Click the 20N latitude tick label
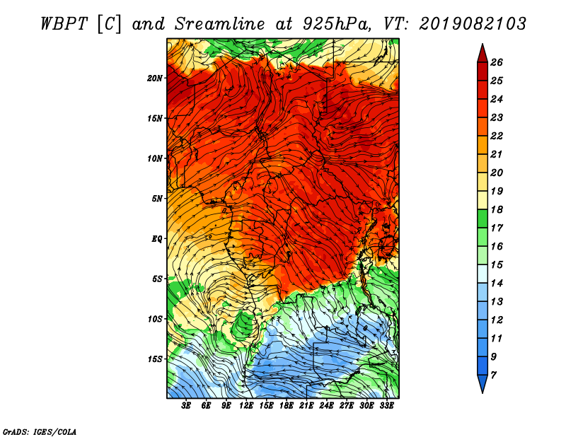(x=154, y=78)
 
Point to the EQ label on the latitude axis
(x=156, y=239)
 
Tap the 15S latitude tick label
(x=154, y=359)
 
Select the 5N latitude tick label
(x=157, y=199)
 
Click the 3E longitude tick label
(x=186, y=406)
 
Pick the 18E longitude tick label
(x=286, y=406)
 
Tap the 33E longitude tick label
(x=386, y=406)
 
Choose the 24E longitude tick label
(x=326, y=406)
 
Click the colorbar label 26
(x=497, y=62)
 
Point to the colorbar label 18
(x=497, y=209)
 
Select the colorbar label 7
(x=493, y=375)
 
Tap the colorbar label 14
(x=497, y=284)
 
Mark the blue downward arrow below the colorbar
(x=483, y=383)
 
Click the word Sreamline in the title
(x=220, y=24)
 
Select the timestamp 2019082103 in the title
(x=473, y=24)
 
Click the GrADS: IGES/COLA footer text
(x=40, y=432)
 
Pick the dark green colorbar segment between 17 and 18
(x=483, y=218)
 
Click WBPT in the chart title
(x=64, y=24)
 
